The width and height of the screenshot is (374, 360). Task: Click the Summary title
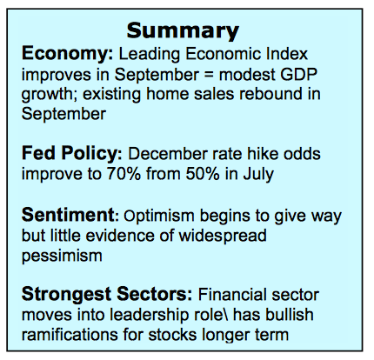183,31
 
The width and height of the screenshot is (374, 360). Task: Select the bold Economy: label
67,55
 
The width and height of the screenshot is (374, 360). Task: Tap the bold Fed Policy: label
72,155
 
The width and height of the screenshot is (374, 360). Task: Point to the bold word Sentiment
68,215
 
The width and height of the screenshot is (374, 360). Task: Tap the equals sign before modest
209,76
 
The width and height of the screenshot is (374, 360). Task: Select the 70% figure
124,174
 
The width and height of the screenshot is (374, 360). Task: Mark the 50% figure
203,174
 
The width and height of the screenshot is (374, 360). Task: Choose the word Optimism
159,217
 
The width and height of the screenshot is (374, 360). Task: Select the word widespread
223,237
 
